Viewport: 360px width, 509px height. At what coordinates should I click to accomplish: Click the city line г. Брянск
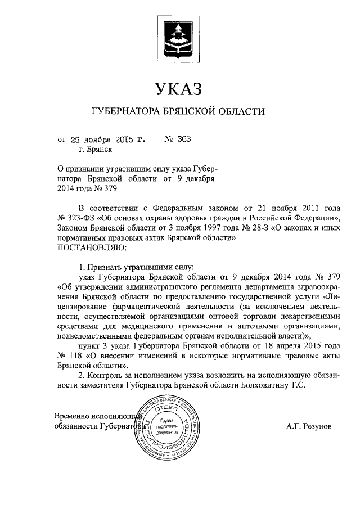point(96,150)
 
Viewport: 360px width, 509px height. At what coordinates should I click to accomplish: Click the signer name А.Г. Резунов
point(309,426)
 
